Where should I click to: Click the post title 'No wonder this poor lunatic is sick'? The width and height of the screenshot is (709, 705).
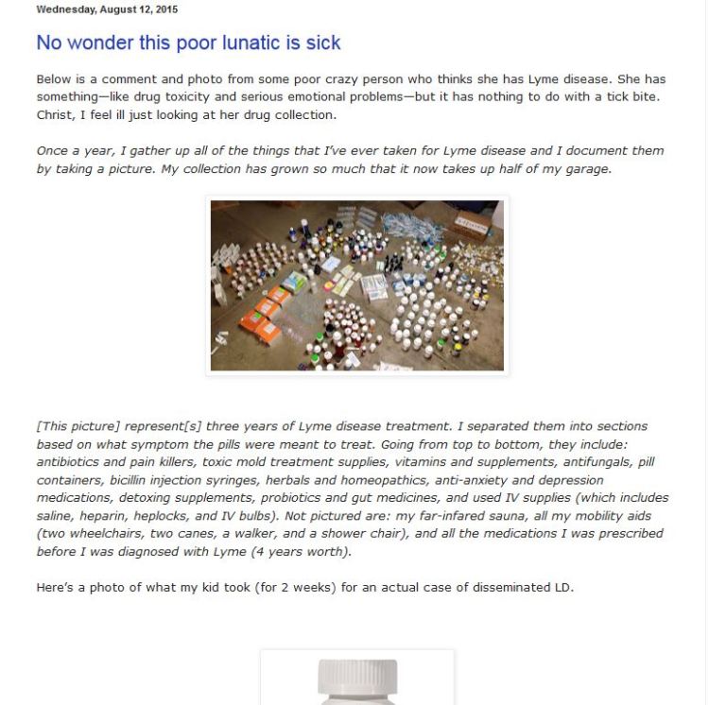188,43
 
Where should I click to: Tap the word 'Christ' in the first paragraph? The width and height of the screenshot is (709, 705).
56,115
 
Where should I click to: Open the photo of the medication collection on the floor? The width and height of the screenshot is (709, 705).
356,285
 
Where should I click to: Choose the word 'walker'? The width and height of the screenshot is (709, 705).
249,534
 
